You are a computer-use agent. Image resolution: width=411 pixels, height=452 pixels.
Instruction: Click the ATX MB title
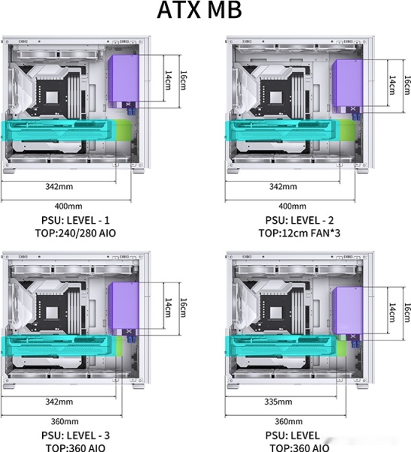(x=199, y=10)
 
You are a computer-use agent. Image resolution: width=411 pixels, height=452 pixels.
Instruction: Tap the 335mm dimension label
(x=279, y=402)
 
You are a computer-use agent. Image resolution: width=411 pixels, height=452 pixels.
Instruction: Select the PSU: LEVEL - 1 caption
(x=75, y=220)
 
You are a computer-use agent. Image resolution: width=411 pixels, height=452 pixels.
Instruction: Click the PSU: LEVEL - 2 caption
(x=300, y=220)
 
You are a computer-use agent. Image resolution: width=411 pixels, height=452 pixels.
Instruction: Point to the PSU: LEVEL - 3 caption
(x=75, y=435)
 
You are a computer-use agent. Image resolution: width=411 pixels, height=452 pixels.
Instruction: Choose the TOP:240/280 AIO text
(x=75, y=233)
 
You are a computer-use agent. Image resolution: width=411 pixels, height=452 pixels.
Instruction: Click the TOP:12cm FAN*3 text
(x=300, y=233)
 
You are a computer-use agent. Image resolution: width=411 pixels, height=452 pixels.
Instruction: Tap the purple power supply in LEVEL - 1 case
(x=124, y=78)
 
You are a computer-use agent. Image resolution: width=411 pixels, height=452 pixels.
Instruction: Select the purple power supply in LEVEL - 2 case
(x=348, y=83)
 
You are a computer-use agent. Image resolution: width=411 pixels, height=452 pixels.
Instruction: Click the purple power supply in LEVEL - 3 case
(x=124, y=306)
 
